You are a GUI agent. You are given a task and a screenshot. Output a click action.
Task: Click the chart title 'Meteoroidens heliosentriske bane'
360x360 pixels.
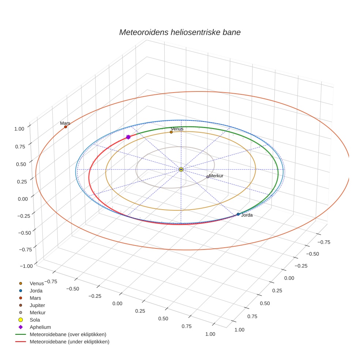click(x=180, y=32)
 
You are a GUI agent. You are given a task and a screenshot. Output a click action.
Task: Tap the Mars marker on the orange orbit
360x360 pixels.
click(x=65, y=127)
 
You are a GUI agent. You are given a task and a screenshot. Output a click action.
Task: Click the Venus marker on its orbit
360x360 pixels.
click(x=171, y=132)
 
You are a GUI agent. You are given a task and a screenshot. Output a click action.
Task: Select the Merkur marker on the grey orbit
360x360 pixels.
click(x=207, y=177)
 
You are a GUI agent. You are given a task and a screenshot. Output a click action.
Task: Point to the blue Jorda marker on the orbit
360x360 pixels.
click(x=238, y=214)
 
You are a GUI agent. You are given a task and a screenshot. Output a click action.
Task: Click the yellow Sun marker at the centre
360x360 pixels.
click(x=181, y=169)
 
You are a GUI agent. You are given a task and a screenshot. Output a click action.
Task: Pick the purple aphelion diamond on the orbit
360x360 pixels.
click(x=128, y=137)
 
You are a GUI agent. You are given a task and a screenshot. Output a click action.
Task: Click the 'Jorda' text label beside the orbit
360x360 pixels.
click(x=247, y=215)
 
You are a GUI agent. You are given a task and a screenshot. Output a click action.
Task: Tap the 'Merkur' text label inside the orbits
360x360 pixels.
click(x=216, y=176)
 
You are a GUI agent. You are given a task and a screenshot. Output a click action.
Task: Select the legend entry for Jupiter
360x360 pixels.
click(x=37, y=305)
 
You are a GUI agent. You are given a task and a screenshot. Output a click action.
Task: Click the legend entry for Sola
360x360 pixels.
click(x=35, y=320)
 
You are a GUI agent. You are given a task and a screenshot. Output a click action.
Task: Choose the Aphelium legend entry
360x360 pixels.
click(x=40, y=327)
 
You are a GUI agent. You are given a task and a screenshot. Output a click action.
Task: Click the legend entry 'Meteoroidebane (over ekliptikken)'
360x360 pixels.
click(x=68, y=334)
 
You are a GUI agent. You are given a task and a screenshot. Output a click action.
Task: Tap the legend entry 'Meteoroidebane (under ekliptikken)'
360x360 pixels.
click(x=70, y=342)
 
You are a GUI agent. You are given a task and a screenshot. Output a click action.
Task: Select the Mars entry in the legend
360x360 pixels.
click(x=35, y=298)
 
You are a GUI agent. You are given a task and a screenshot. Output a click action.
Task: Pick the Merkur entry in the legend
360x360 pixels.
click(x=37, y=312)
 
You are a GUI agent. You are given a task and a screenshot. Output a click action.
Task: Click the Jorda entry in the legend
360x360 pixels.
click(x=36, y=290)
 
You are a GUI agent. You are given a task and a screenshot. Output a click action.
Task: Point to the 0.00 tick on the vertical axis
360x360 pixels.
click(x=23, y=199)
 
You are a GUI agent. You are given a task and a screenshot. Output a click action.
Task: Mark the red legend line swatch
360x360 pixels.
click(x=20, y=342)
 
